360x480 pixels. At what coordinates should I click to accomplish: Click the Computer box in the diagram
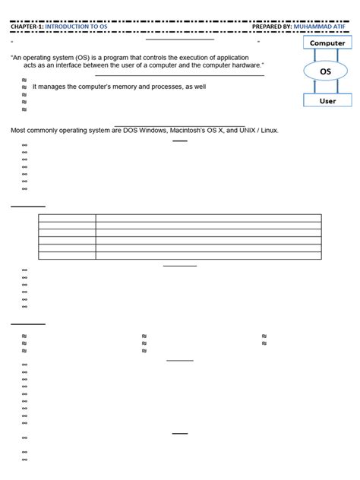coord(327,43)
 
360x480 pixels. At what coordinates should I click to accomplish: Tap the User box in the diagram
coord(327,100)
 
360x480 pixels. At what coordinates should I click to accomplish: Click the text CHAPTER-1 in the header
coord(27,26)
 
